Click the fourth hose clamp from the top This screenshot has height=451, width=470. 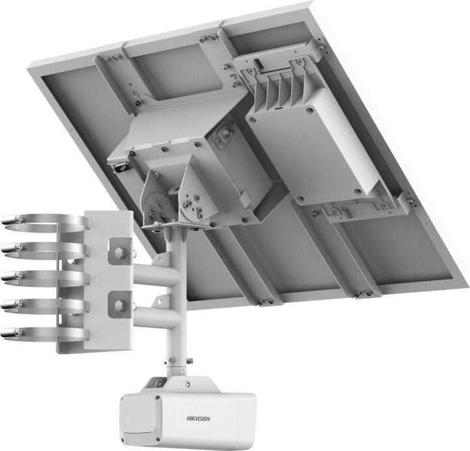tap(39, 305)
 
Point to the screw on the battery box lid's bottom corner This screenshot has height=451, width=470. tap(357, 192)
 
